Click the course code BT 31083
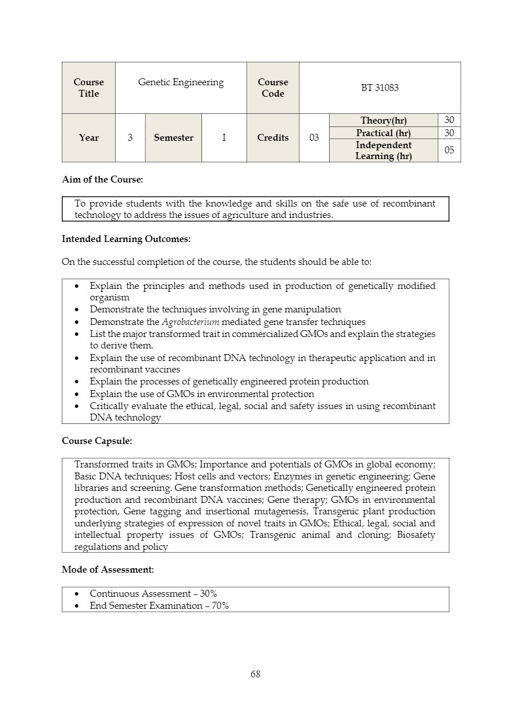pyautogui.click(x=379, y=88)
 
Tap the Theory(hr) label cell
pyautogui.click(x=383, y=120)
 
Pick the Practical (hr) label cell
pyautogui.click(x=383, y=133)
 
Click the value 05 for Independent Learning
pyautogui.click(x=449, y=150)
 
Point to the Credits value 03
pyautogui.click(x=314, y=138)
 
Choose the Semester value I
pyautogui.click(x=224, y=138)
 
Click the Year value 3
pyautogui.click(x=130, y=138)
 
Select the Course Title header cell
pyautogui.click(x=89, y=88)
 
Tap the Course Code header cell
pyautogui.click(x=273, y=88)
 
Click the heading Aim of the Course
pyautogui.click(x=102, y=179)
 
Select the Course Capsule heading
pyautogui.click(x=97, y=441)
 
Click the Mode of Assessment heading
pyautogui.click(x=108, y=569)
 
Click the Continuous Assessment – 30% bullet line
pyautogui.click(x=153, y=594)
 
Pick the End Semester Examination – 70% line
pyautogui.click(x=159, y=606)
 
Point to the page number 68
pyautogui.click(x=255, y=674)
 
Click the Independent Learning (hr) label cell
pyautogui.click(x=383, y=150)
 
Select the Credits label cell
pyautogui.click(x=273, y=138)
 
